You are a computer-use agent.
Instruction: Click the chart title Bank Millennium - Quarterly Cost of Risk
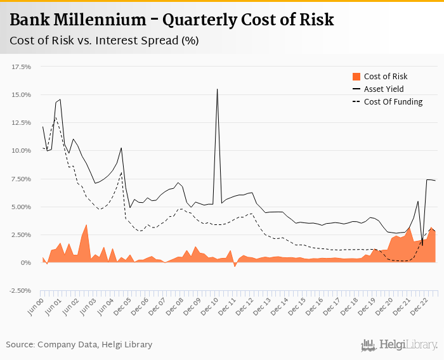171,20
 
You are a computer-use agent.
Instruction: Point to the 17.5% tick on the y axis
22,67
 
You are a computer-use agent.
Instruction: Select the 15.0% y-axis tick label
22,94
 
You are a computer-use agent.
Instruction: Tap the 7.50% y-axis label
22,179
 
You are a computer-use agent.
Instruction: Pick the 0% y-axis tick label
27,262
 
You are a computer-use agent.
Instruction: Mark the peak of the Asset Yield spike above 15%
218,89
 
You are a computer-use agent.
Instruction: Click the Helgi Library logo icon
367,345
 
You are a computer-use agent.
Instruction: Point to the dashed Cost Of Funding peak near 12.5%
55,117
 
